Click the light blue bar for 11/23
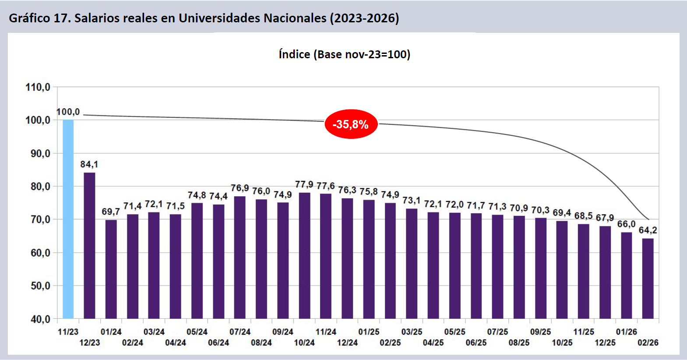click(x=68, y=219)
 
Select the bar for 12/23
click(x=89, y=245)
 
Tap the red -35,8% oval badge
click(x=351, y=124)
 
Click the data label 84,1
click(x=89, y=164)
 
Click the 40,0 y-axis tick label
click(x=40, y=319)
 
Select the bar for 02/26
click(x=648, y=278)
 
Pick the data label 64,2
click(x=648, y=230)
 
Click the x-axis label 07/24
click(x=240, y=332)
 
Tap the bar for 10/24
click(x=304, y=255)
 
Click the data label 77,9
click(x=304, y=184)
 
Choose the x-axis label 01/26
click(x=626, y=332)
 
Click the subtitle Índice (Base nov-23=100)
click(x=344, y=54)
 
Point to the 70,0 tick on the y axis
click(x=40, y=219)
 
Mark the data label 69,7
click(x=111, y=212)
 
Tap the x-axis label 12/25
click(x=605, y=342)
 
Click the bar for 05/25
click(x=454, y=265)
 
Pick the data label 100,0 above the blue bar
click(x=68, y=112)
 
